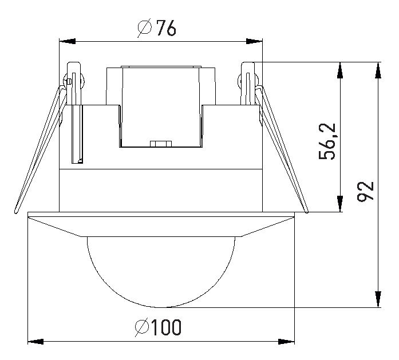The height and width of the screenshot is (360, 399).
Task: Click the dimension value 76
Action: [x=166, y=27]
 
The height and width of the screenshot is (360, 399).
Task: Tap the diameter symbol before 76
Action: [x=145, y=28]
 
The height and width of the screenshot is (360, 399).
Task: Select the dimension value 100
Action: [x=167, y=327]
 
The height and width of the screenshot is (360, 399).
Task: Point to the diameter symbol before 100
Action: [x=142, y=327]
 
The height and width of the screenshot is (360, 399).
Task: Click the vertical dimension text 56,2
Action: [x=327, y=141]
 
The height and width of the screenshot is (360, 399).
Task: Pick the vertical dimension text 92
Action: [x=365, y=191]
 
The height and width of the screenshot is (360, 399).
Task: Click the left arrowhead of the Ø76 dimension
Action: [x=67, y=41]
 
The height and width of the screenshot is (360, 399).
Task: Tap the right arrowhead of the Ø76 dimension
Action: [x=254, y=41]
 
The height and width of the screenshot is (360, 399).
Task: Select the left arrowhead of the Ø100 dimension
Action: [x=35, y=342]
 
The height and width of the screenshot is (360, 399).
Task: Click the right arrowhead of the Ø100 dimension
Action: [x=286, y=342]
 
